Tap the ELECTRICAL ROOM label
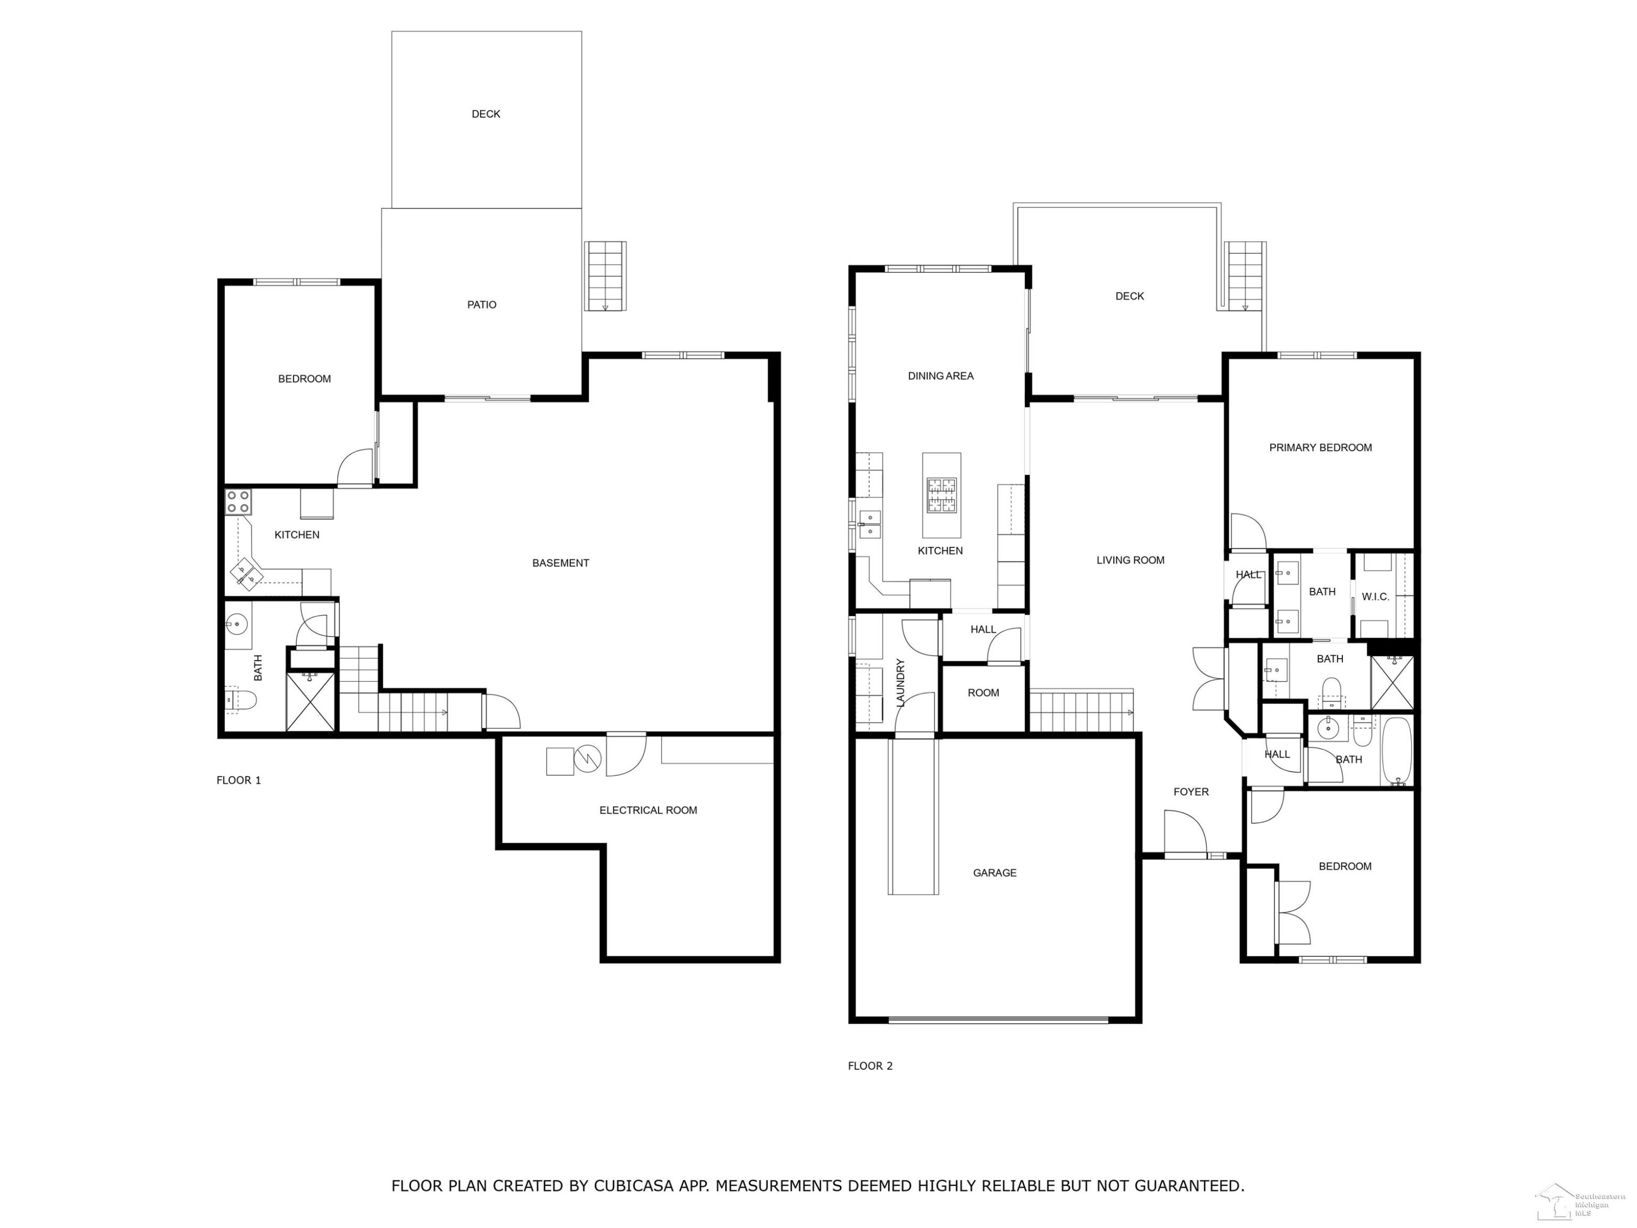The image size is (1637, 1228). coord(648,810)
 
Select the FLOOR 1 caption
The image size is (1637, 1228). coord(238,780)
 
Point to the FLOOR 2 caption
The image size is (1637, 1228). coord(870,1066)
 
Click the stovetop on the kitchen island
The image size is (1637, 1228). coord(941,495)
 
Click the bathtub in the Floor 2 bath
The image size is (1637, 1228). coord(1396,750)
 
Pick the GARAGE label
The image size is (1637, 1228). coord(995,873)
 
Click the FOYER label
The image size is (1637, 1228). coord(1191,792)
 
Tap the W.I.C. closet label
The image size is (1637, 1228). coord(1375,597)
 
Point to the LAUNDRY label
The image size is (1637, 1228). coord(901,683)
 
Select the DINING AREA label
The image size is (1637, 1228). coord(941,376)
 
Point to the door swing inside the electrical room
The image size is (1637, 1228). coord(626,755)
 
